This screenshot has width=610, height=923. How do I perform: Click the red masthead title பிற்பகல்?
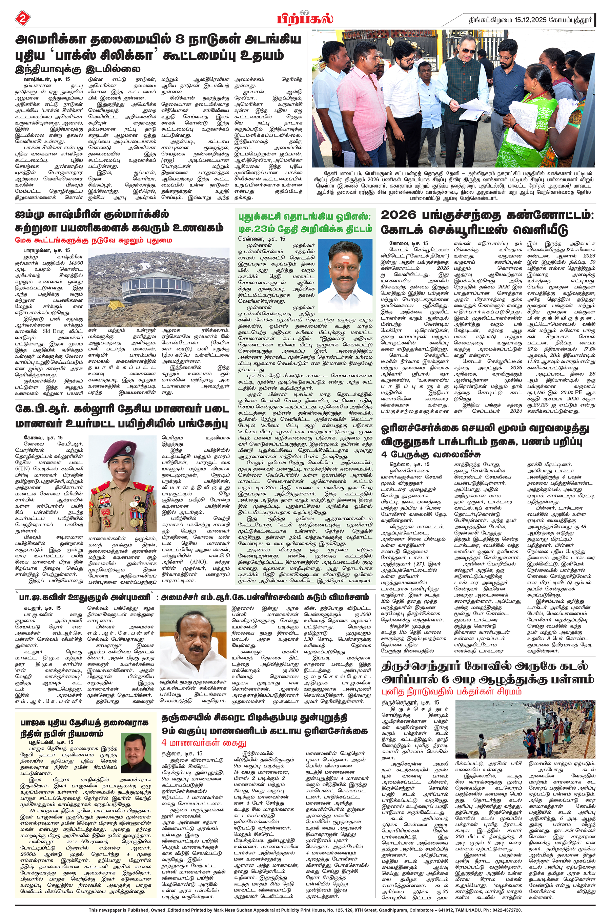(305, 18)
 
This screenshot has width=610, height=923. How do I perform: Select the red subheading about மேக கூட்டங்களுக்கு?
(94, 240)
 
